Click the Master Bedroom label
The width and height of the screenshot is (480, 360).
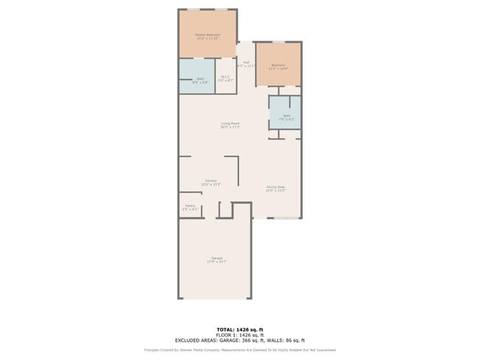(208, 34)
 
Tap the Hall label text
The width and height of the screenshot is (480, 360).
(246, 62)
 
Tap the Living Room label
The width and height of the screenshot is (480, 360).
(230, 123)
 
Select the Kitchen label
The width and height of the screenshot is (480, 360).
(211, 181)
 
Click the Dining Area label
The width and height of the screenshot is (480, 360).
(275, 187)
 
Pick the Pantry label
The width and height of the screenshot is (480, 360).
(190, 206)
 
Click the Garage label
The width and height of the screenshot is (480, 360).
(216, 257)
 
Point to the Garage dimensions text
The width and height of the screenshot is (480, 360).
(216, 262)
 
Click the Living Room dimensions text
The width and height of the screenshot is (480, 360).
(230, 128)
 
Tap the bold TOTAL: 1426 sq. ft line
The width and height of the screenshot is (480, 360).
(240, 329)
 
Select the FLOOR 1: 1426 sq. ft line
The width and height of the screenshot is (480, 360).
(240, 335)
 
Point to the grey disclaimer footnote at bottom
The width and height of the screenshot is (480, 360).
(240, 350)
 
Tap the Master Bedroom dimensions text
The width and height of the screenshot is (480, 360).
(208, 38)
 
